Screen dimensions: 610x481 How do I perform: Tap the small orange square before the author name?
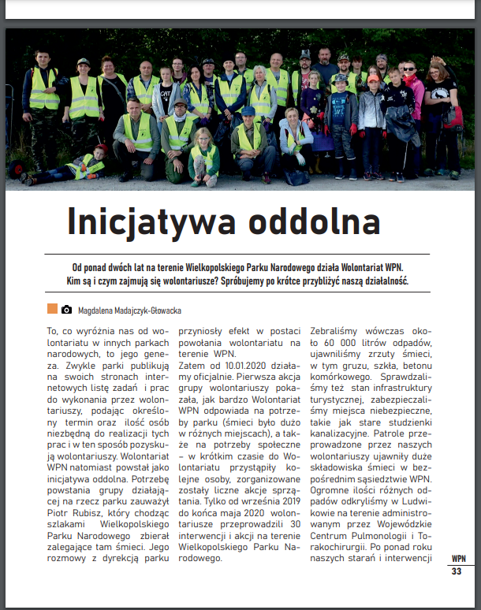(52, 310)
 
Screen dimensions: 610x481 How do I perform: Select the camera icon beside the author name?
(67, 310)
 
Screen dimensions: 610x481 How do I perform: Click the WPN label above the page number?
(457, 559)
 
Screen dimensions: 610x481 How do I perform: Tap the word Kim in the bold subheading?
(75, 281)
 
